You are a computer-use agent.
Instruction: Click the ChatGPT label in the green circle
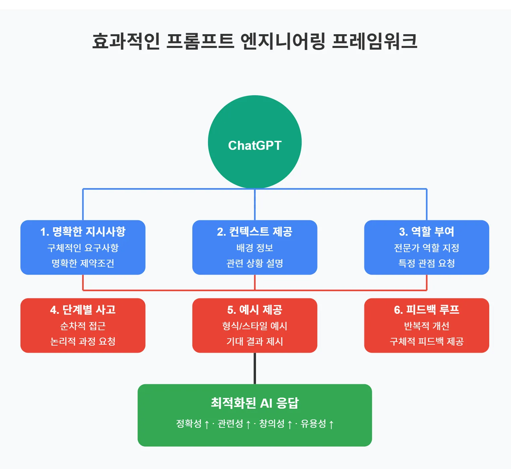coord(255,145)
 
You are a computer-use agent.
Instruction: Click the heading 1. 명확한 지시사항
coord(83,231)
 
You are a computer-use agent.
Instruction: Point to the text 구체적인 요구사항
coord(83,248)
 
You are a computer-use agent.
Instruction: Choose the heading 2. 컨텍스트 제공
coord(255,231)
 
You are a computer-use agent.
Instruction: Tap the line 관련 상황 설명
coord(255,263)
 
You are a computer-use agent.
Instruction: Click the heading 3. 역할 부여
coord(426,231)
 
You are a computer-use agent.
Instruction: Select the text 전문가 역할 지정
coord(426,248)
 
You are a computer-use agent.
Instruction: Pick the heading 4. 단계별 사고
coord(83,309)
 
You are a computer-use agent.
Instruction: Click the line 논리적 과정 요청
coord(83,341)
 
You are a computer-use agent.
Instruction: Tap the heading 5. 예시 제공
coord(255,309)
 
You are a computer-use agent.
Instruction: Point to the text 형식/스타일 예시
coord(255,326)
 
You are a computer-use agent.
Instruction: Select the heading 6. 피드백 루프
coord(426,309)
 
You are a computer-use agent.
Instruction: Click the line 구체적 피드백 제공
coord(426,341)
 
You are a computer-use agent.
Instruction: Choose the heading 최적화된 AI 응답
coord(255,403)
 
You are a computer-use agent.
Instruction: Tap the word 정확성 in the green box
coord(189,424)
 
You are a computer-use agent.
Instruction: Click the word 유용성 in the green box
coord(313,424)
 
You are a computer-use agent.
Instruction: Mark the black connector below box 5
coord(255,368)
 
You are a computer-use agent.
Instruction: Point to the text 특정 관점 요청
coord(426,263)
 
